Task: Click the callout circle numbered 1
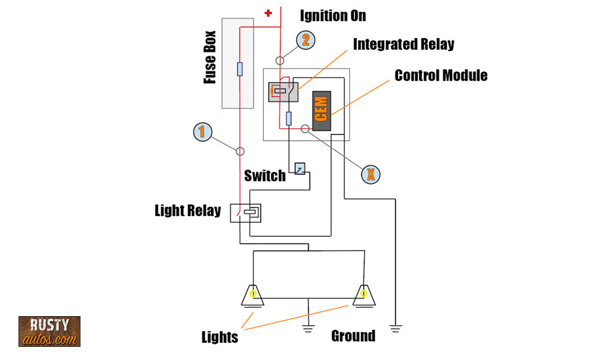click(x=203, y=132)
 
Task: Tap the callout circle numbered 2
click(x=305, y=40)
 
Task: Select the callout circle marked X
click(x=371, y=174)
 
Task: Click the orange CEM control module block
click(x=322, y=110)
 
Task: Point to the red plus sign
click(x=268, y=12)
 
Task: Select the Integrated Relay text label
click(x=403, y=45)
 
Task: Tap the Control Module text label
click(x=441, y=75)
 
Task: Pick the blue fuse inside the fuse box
click(x=240, y=69)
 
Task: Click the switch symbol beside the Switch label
click(x=300, y=169)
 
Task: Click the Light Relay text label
click(x=187, y=211)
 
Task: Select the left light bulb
click(x=253, y=296)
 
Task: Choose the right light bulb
click(x=363, y=296)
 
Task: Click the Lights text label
click(x=219, y=337)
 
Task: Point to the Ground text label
click(x=353, y=336)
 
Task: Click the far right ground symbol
click(x=395, y=326)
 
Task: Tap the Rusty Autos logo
click(x=49, y=331)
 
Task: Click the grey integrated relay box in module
click(x=284, y=92)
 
